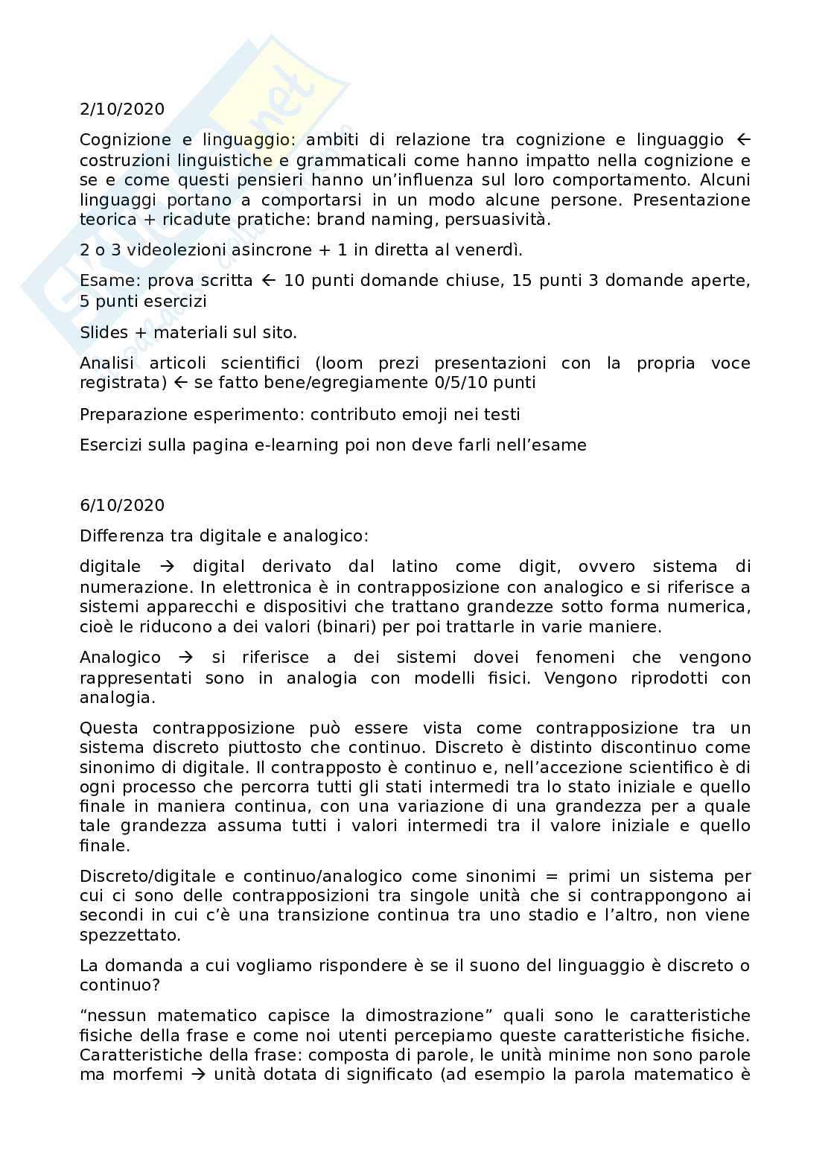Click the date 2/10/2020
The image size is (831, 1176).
tap(122, 109)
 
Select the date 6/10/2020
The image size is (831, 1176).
tap(122, 505)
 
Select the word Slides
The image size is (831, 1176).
tap(104, 332)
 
